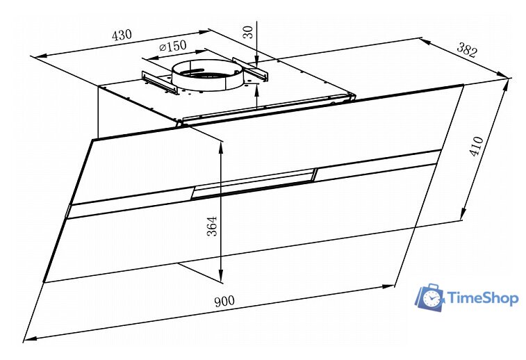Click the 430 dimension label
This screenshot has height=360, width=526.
122,35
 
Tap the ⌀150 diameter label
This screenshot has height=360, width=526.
173,46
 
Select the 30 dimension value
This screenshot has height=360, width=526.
249,32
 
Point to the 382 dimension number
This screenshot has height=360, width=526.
467,50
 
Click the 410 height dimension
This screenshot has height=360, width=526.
477,146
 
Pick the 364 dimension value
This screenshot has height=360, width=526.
212,226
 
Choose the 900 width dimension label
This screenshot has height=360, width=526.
224,301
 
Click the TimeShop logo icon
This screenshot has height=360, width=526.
430,297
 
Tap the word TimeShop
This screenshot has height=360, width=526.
483,298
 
